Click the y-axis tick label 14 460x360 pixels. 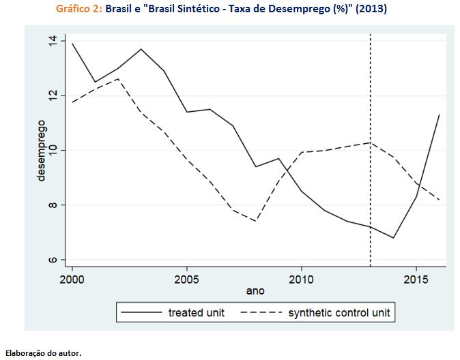coord(53,40)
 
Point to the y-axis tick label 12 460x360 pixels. coord(53,95)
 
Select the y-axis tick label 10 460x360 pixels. coord(53,150)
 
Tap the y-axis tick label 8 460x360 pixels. coord(53,205)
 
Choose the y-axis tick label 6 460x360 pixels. coord(53,260)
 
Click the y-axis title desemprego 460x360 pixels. coord(42,150)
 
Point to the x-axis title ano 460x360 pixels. coord(255,291)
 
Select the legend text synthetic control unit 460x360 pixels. coord(339,314)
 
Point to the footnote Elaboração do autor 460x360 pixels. coord(43,353)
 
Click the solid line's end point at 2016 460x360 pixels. coord(439,115)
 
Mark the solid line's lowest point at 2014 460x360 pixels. coord(393,238)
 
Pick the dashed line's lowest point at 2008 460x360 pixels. coord(255,221)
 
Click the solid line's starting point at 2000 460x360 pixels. coord(72,43)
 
